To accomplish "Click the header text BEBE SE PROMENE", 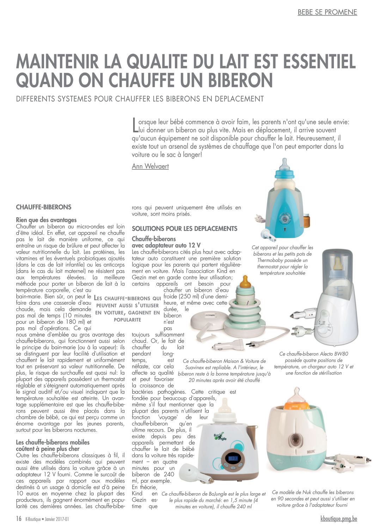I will point(327,12).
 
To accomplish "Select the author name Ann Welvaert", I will point(150,166).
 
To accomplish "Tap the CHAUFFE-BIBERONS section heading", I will point(44,207).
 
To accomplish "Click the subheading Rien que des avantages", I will point(46,220).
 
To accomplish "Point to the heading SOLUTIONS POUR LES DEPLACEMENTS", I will point(184,229).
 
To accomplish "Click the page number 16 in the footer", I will point(19,519).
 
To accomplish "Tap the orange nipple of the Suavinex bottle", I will point(245,281).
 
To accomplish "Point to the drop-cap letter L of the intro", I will point(134,126).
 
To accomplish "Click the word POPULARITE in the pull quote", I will point(127,320).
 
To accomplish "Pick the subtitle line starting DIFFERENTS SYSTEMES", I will point(140,99).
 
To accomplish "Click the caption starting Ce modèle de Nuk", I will point(313,498).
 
